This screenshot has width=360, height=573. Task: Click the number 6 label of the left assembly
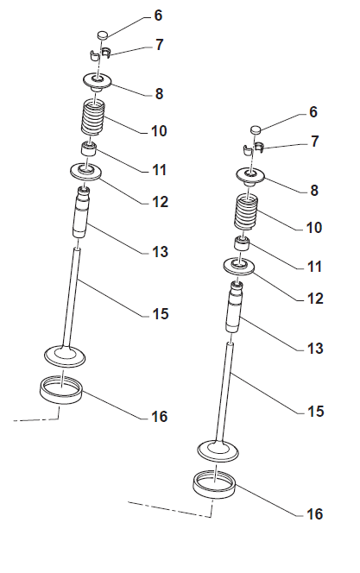pos(158,16)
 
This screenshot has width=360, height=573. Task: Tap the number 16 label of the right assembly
pos(314,513)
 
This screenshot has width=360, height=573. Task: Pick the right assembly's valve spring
pos(247,212)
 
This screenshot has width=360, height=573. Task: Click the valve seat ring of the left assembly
pos(60,390)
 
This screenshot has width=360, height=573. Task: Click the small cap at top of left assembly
pos(103,35)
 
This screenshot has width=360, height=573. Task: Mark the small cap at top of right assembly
pos(256,129)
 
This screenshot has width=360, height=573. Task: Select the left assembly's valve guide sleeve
pos(81,212)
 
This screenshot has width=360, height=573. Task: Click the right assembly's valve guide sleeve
pos(234,306)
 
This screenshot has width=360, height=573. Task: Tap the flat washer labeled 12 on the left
pos(85,172)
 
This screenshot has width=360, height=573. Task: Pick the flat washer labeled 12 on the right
pos(239,266)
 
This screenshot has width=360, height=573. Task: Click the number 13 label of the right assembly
pos(315,349)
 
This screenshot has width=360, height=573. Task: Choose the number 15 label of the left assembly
pos(160,313)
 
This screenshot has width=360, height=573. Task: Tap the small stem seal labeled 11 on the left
pos(88,148)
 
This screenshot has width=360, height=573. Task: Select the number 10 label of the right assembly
pos(313,227)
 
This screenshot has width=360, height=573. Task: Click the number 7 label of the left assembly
pos(159,45)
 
